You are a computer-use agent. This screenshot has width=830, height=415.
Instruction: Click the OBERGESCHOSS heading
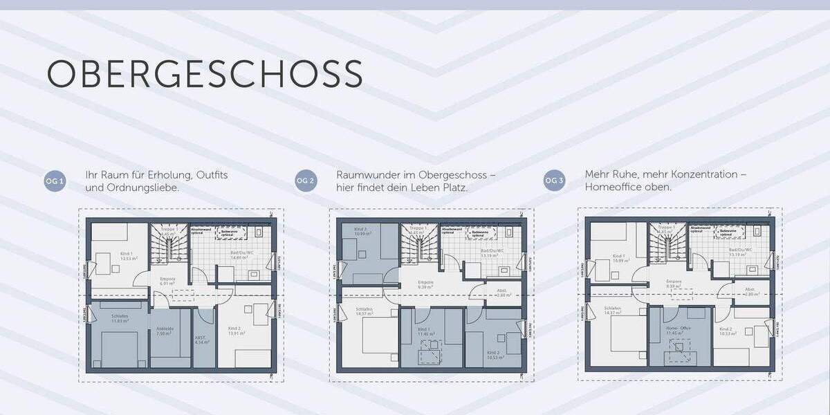[205, 73]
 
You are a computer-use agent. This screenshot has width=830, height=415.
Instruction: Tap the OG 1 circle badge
[55, 181]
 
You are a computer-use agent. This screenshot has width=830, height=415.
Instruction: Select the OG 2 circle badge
[306, 181]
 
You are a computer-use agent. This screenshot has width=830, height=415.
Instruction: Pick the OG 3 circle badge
[555, 181]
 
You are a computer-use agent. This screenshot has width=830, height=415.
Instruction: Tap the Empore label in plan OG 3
[674, 283]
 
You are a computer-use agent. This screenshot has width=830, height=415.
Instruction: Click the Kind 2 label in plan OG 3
[726, 329]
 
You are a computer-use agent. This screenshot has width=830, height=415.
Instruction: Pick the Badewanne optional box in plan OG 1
[225, 233]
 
